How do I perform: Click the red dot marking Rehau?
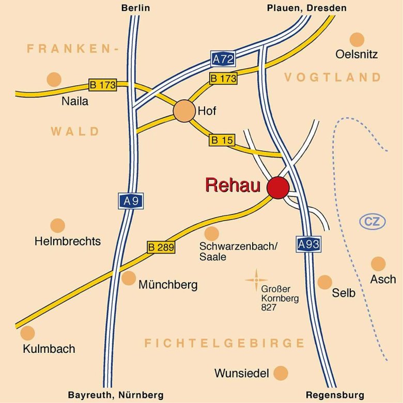pos(278,188)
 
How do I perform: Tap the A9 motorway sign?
pos(131,201)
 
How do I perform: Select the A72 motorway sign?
pos(223,59)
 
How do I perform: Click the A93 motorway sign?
pos(308,244)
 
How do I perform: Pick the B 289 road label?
pos(161,247)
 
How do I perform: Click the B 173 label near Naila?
pos(103,85)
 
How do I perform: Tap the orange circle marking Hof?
pos(183,111)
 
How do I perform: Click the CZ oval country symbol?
pos(373,222)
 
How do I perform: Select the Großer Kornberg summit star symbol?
pos(256,280)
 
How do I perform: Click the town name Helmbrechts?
pos(68,241)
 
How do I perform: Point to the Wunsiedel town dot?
pos(281,373)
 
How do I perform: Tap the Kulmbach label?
pos(49,349)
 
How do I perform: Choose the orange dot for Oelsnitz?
pos(357,39)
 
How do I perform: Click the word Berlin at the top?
pos(135,8)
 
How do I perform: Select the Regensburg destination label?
pos(335,395)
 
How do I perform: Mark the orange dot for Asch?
pos(378,264)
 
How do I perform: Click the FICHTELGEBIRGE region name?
pos(225,344)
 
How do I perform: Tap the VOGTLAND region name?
pos(333,78)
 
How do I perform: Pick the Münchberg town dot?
pos(129,278)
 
